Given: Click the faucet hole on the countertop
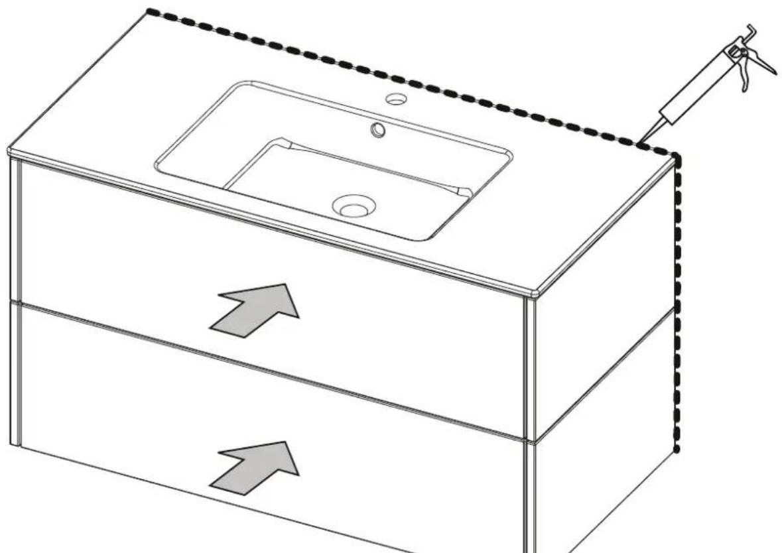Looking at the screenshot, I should pyautogui.click(x=396, y=99).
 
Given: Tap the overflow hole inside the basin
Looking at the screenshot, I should pyautogui.click(x=379, y=130).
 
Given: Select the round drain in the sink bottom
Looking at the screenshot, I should pyautogui.click(x=354, y=206).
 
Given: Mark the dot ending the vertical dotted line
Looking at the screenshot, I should pyautogui.click(x=676, y=450).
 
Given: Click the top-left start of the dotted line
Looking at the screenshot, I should pyautogui.click(x=149, y=11).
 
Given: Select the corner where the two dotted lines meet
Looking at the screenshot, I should pyautogui.click(x=675, y=156).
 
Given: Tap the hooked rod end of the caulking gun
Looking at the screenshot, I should pyautogui.click(x=749, y=30).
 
